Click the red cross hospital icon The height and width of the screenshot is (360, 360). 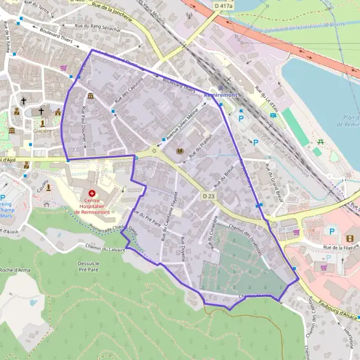[92, 193]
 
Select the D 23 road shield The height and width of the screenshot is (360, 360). [208, 196]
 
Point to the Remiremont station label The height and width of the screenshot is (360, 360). [221, 95]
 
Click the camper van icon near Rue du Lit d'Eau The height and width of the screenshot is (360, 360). [273, 115]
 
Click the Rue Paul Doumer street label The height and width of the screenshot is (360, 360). [84, 127]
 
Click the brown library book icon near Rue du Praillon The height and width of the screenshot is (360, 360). [179, 151]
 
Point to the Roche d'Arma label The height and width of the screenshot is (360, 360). [17, 270]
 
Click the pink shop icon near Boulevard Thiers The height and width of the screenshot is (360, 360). [64, 68]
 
